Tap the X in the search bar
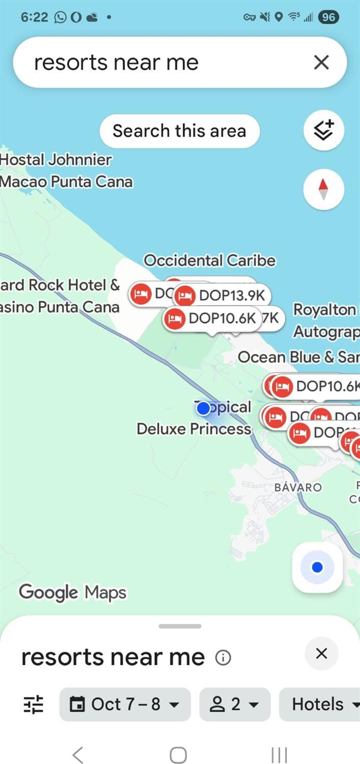tap(321, 63)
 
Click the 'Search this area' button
tap(179, 131)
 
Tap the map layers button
tap(323, 131)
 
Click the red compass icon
tap(323, 190)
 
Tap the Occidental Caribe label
tap(209, 260)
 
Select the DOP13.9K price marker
tap(222, 295)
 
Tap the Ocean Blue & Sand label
tap(298, 357)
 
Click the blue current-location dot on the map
tap(203, 408)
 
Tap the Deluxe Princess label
tap(194, 429)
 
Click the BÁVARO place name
tap(297, 487)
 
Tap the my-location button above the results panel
tap(317, 567)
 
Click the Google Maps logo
tap(72, 592)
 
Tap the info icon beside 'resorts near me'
tap(223, 658)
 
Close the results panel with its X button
tap(321, 654)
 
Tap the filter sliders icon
tap(34, 704)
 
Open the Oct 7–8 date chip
tap(125, 704)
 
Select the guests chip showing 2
tap(234, 704)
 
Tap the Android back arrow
tap(77, 755)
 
